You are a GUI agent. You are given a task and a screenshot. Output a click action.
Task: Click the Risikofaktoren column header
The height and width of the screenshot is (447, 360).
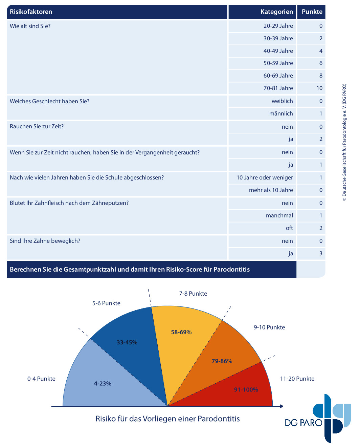tap(31, 12)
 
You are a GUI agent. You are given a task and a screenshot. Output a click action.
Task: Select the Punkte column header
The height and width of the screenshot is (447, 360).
tap(312, 12)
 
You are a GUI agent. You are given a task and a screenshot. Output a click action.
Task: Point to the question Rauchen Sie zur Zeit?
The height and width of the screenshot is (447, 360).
tap(37, 126)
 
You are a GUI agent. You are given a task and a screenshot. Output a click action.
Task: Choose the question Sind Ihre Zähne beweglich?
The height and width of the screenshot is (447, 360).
tap(45, 241)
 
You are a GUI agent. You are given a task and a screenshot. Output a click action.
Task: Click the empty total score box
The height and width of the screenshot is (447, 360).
tap(311, 269)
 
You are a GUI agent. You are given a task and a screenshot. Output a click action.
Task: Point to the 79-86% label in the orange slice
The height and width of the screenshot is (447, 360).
tap(222, 361)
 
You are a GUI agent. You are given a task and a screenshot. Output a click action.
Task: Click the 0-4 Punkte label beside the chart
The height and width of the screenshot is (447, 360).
tap(41, 379)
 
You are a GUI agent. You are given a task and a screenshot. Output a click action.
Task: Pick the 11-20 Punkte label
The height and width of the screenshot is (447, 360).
tap(297, 379)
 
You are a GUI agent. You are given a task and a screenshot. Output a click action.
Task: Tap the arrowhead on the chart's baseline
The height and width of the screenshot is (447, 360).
tap(282, 406)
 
